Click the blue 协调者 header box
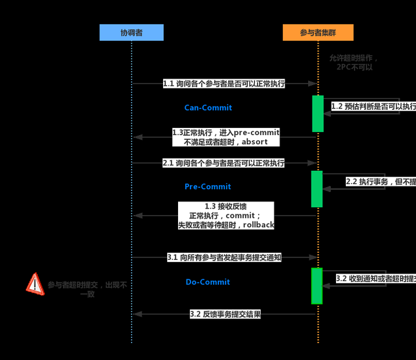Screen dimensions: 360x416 click(x=131, y=32)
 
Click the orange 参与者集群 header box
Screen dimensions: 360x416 click(x=318, y=32)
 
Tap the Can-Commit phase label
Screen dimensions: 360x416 click(x=208, y=108)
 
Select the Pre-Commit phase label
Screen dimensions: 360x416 click(x=208, y=186)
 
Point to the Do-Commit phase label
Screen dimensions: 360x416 click(x=208, y=282)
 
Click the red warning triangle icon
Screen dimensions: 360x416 click(x=34, y=284)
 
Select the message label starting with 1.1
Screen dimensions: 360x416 click(x=224, y=84)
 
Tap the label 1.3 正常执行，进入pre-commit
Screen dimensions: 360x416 click(x=226, y=136)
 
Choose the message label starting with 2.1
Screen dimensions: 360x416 click(x=224, y=164)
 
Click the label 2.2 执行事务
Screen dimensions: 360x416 click(x=380, y=182)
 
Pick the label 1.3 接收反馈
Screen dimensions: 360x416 click(x=226, y=215)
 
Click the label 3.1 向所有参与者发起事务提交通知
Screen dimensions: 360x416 click(x=224, y=257)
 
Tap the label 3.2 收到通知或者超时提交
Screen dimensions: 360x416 click(x=375, y=278)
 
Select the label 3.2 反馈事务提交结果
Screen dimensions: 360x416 click(x=225, y=315)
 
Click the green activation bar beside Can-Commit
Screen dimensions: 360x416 click(x=317, y=114)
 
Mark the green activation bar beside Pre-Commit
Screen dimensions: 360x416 click(x=317, y=188)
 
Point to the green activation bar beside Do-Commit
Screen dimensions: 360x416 click(x=317, y=285)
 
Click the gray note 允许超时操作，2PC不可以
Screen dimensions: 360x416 click(x=354, y=62)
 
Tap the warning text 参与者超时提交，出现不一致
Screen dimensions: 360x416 click(x=87, y=289)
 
